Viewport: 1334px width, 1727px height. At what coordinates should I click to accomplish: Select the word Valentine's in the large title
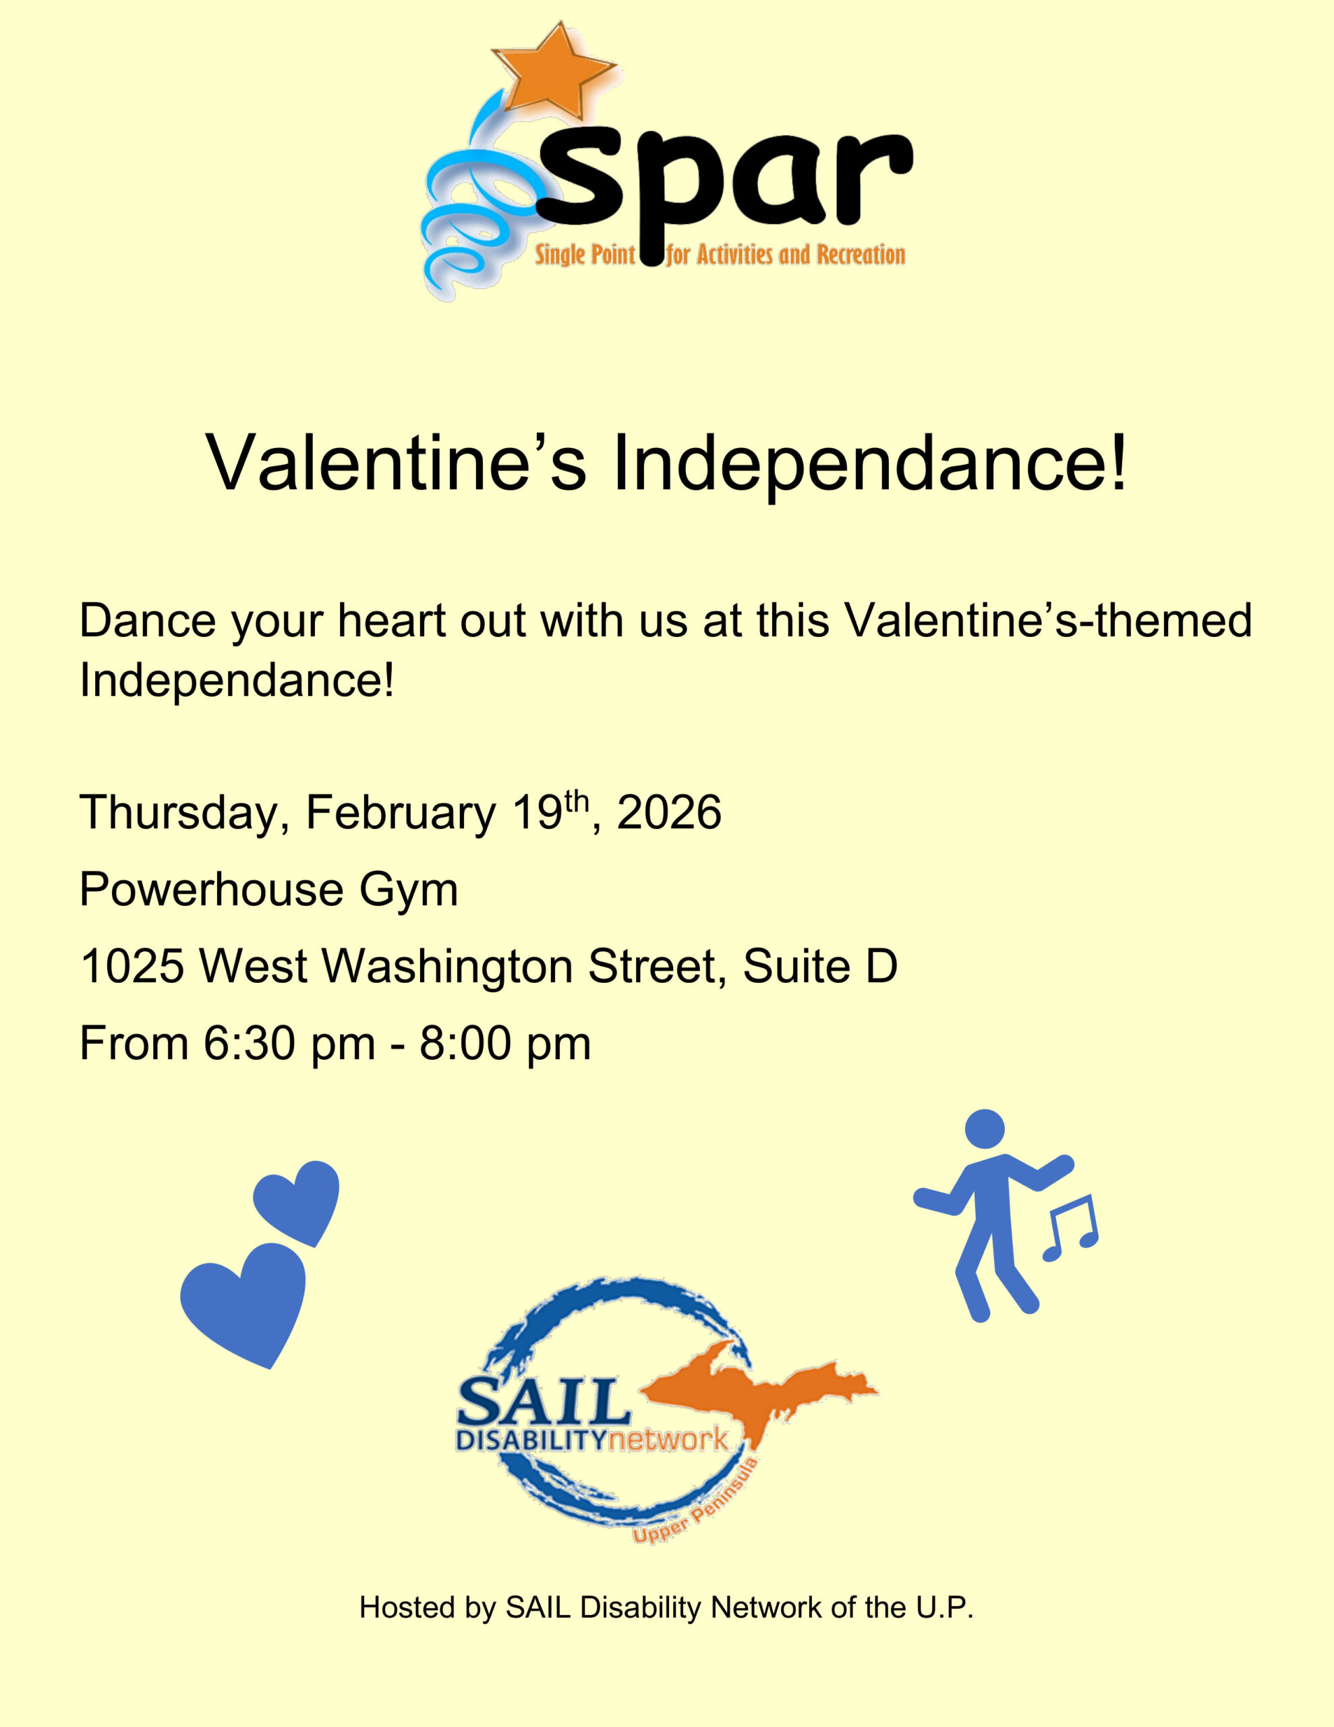[x=396, y=463]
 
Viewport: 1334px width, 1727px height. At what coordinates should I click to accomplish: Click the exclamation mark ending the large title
[x=1118, y=463]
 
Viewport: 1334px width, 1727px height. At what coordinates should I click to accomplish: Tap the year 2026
[x=669, y=814]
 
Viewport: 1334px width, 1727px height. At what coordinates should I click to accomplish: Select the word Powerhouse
[x=212, y=890]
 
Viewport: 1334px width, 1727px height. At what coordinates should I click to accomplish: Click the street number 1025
[x=132, y=966]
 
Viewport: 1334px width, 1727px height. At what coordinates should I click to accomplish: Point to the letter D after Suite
[x=881, y=966]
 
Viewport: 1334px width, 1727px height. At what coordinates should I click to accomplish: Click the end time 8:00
[x=465, y=1044]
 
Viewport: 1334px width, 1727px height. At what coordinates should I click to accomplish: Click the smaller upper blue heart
[x=299, y=1200]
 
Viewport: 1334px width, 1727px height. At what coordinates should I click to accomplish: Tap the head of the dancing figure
[x=985, y=1129]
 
